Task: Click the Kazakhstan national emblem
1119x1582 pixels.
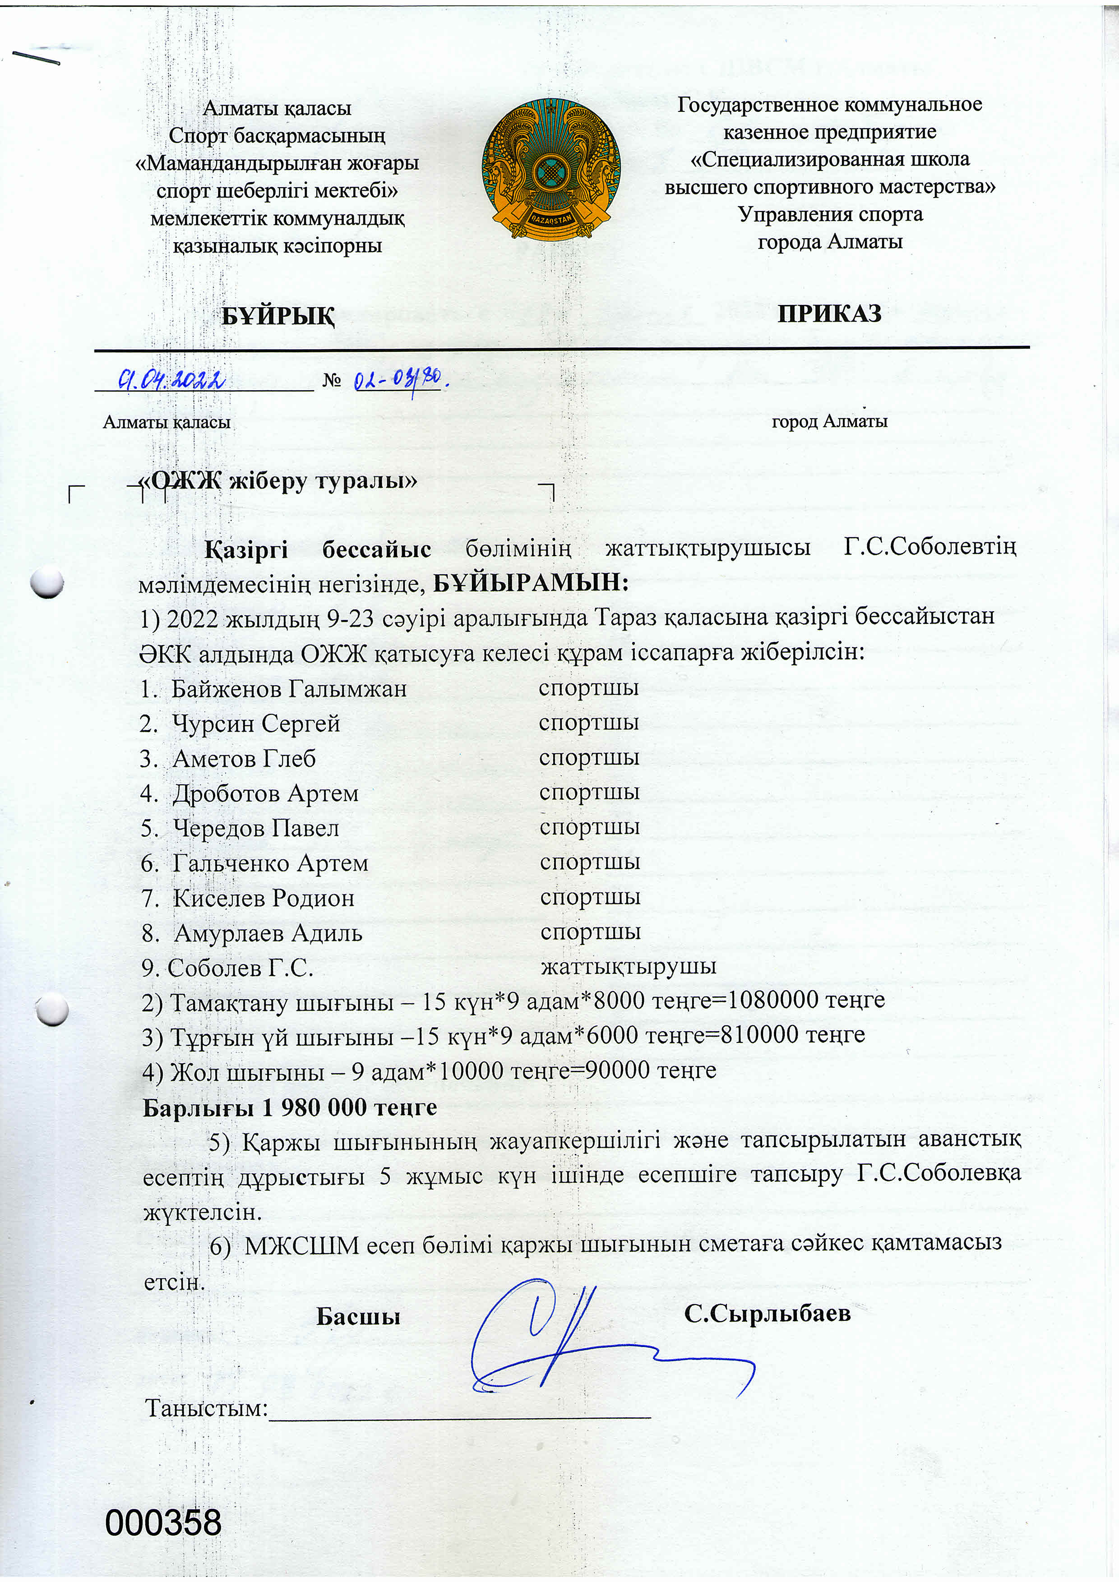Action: pyautogui.click(x=550, y=169)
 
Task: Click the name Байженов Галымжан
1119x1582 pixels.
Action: pyautogui.click(x=289, y=688)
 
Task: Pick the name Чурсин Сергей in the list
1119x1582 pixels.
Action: pyautogui.click(x=256, y=724)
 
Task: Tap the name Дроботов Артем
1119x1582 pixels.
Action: pyautogui.click(x=265, y=793)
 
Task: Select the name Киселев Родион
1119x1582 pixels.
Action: pyautogui.click(x=263, y=898)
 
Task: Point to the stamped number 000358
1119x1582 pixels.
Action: pyautogui.click(x=163, y=1523)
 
